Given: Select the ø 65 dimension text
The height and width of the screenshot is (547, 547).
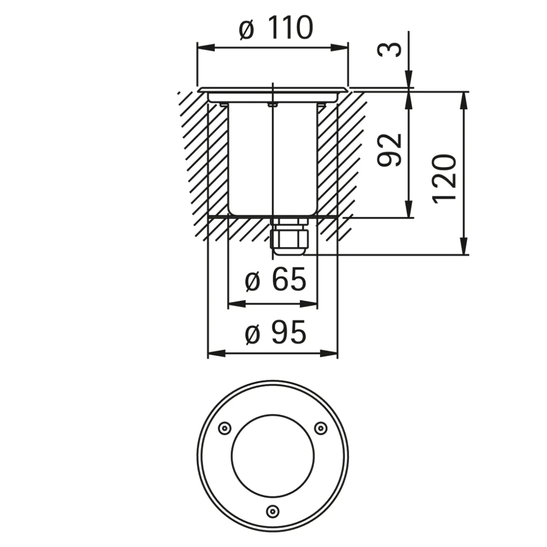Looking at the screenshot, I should coord(275,281).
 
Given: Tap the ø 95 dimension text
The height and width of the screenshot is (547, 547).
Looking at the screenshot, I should coord(275,334).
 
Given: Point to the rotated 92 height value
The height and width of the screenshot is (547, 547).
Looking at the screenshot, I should coord(390,150).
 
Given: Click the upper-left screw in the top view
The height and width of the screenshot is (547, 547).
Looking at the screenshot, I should coord(224,428).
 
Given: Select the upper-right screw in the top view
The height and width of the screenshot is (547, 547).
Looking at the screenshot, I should coord(320,428).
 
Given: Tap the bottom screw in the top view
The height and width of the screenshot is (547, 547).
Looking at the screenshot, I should coord(272,511).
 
